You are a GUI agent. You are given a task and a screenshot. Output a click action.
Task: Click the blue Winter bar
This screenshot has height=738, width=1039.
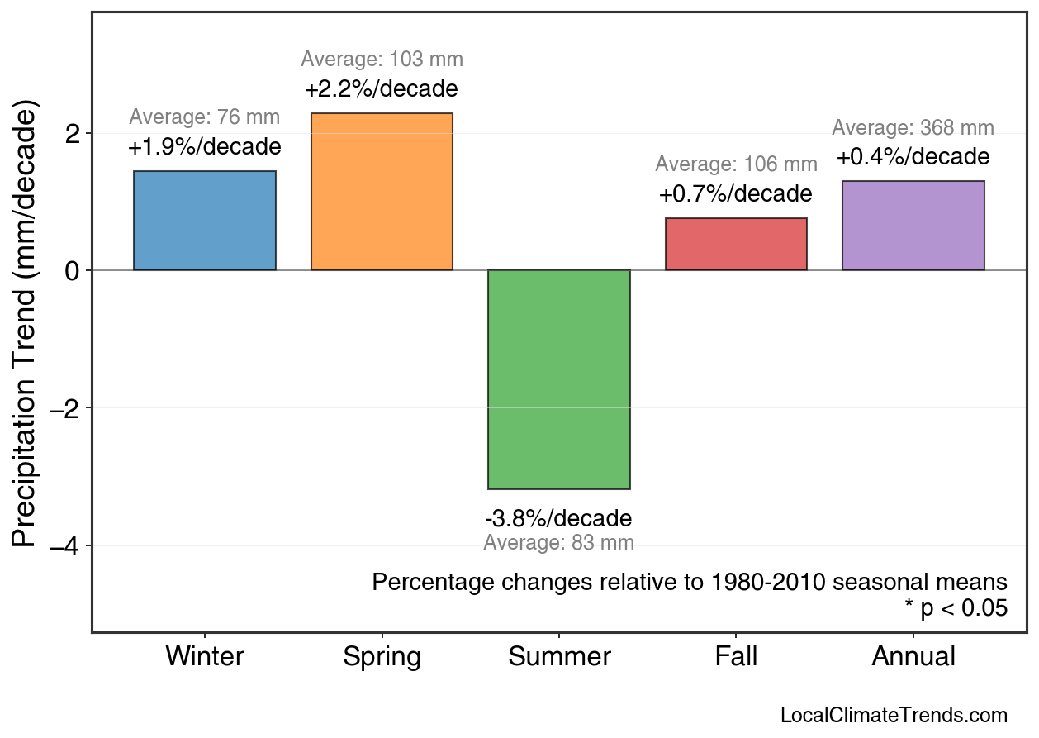[205, 221]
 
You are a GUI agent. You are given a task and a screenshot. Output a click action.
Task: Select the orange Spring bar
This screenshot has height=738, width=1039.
[382, 192]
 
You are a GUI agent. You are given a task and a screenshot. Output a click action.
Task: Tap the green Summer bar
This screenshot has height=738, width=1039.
[559, 379]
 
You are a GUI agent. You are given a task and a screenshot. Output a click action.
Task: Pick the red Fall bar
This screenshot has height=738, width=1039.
[736, 244]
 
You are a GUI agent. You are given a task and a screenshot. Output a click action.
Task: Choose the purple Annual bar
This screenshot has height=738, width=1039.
[913, 226]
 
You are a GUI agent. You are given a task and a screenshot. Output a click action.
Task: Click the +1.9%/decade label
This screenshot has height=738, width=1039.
[205, 148]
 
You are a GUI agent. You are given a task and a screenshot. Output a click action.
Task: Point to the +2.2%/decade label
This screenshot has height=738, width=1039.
[382, 89]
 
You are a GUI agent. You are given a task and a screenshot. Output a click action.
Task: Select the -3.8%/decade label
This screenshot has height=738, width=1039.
[559, 519]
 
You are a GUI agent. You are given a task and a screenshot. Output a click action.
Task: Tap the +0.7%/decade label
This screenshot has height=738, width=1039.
[736, 194]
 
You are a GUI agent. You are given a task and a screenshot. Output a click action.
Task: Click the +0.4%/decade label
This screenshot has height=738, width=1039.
[913, 157]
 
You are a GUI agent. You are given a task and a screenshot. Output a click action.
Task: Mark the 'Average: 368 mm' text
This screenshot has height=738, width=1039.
[913, 128]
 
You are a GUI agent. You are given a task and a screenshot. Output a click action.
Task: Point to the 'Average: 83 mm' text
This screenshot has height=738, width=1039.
[559, 543]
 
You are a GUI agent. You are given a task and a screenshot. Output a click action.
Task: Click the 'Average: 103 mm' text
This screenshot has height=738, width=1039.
[382, 60]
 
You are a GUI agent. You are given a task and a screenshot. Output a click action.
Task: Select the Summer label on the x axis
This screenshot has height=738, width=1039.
[559, 657]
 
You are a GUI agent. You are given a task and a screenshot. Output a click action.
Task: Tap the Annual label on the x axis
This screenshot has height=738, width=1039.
[913, 657]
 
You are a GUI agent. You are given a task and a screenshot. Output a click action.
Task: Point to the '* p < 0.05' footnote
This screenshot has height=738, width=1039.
[956, 609]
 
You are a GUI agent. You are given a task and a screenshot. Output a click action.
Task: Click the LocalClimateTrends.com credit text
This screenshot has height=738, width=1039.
[894, 716]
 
